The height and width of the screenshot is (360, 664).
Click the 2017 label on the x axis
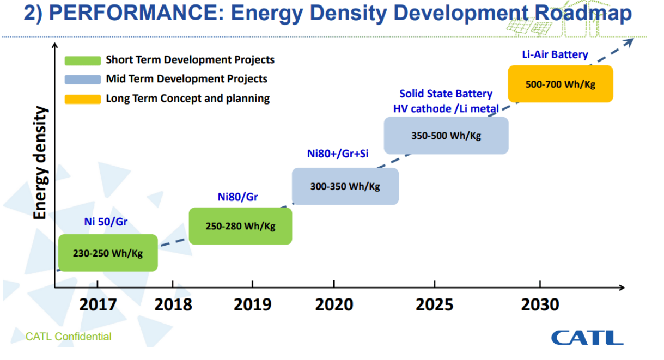98,304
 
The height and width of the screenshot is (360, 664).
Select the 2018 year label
173,304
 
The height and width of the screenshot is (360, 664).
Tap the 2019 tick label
252,304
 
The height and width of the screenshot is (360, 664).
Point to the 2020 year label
333,304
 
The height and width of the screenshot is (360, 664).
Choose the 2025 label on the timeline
434,304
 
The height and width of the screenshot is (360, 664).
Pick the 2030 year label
540,304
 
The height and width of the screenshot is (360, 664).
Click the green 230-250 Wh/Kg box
107,253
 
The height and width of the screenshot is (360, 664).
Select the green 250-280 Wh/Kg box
240,226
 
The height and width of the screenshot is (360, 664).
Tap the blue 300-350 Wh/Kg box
345,186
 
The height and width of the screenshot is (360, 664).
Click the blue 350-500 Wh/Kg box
446,136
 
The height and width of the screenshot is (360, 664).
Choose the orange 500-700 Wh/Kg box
560,84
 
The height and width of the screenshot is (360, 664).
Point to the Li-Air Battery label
555,54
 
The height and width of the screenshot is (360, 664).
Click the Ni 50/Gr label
106,222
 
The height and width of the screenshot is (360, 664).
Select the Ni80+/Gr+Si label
338,154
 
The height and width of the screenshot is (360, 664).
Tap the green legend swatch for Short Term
82,60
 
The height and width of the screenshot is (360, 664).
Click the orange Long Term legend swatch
82,99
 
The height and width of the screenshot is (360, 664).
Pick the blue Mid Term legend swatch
82,80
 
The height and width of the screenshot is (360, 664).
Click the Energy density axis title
40,163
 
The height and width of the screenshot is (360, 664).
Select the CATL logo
587,337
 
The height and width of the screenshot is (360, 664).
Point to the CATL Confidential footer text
68,337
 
